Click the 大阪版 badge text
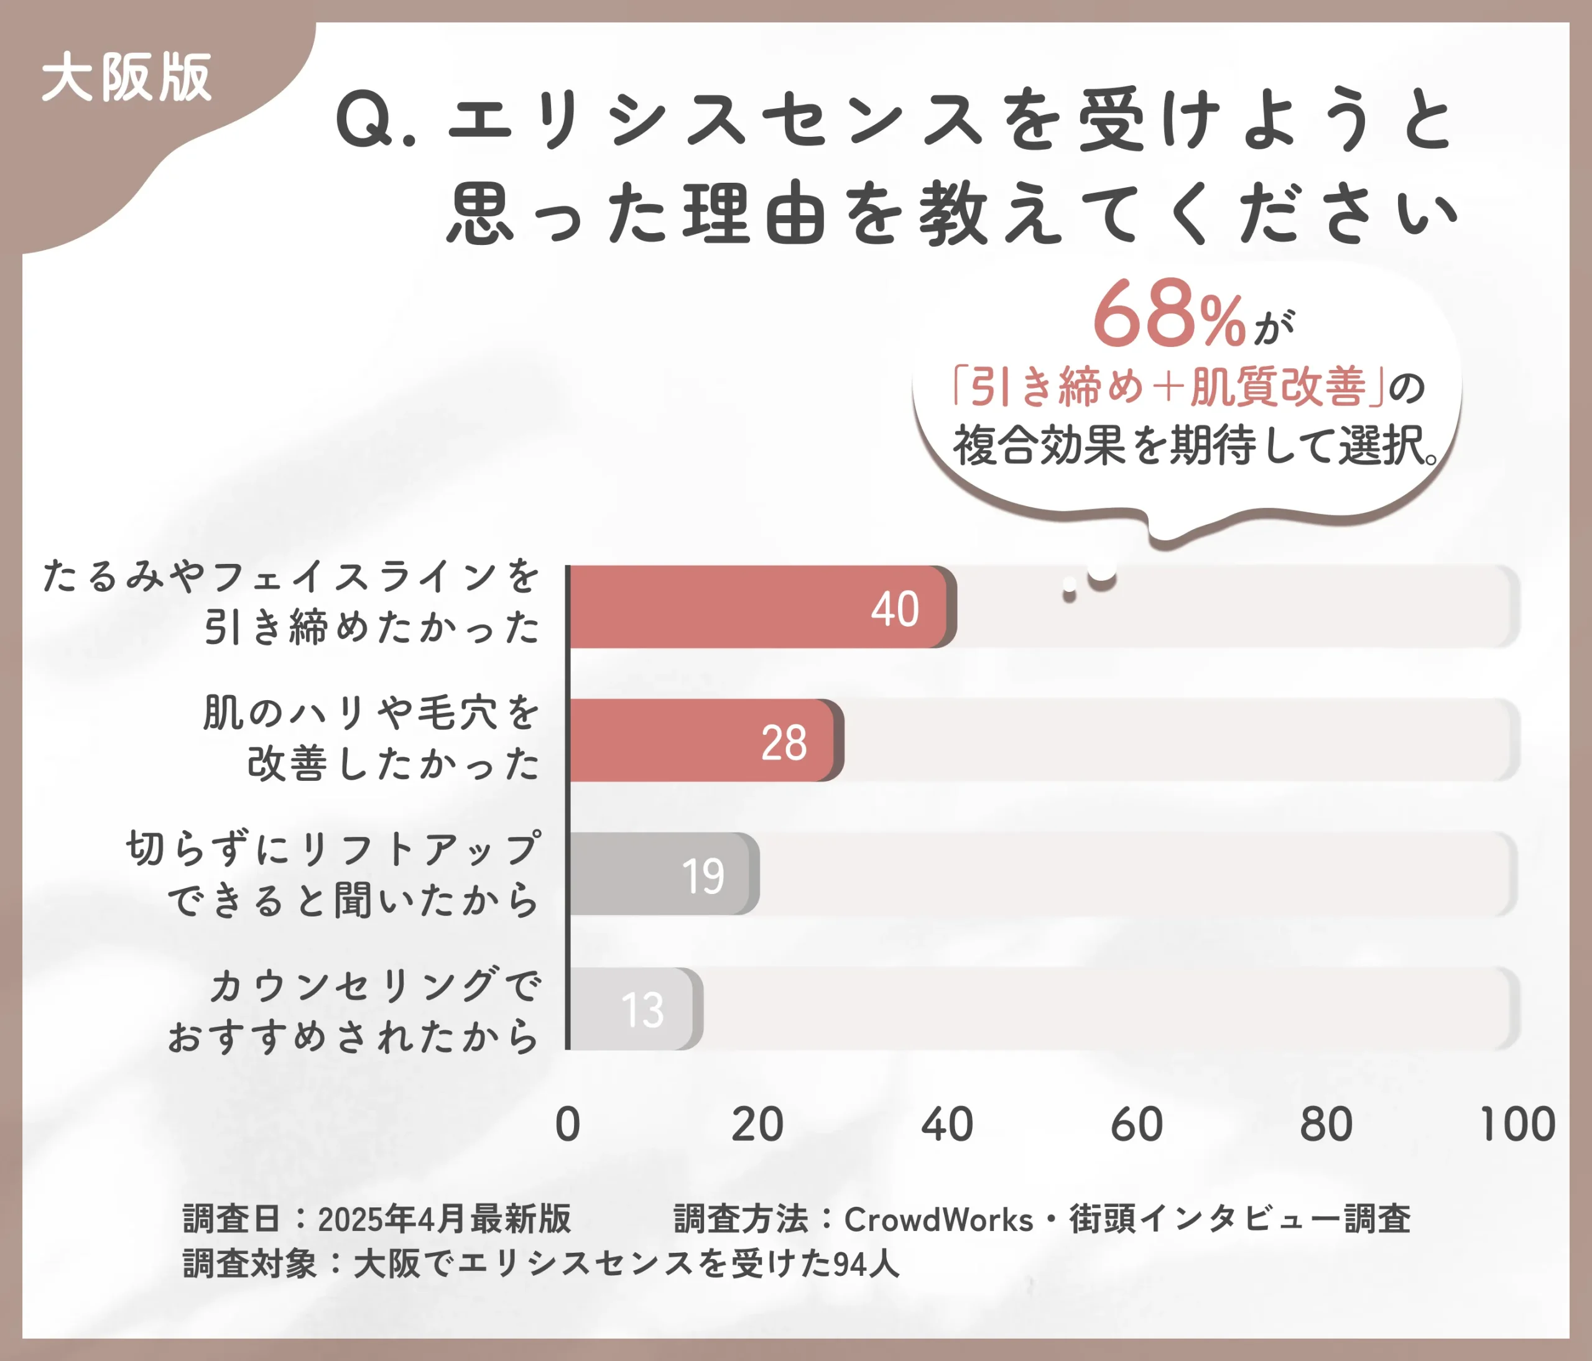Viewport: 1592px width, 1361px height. click(x=127, y=78)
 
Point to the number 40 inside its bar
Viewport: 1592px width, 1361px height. click(x=894, y=610)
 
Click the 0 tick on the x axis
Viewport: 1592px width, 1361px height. click(x=568, y=1125)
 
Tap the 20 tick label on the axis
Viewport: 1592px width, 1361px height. click(x=757, y=1125)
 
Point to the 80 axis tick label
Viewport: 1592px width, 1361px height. click(x=1326, y=1125)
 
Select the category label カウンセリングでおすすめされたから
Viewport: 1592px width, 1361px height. click(x=353, y=1010)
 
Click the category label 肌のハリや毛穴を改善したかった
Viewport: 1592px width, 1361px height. click(x=371, y=737)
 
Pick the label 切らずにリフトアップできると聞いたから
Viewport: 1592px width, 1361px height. click(x=334, y=874)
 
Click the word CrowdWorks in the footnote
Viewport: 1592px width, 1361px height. click(x=938, y=1219)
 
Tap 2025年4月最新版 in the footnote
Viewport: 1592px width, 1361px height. click(x=444, y=1219)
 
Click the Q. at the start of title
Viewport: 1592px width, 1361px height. click(x=374, y=121)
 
